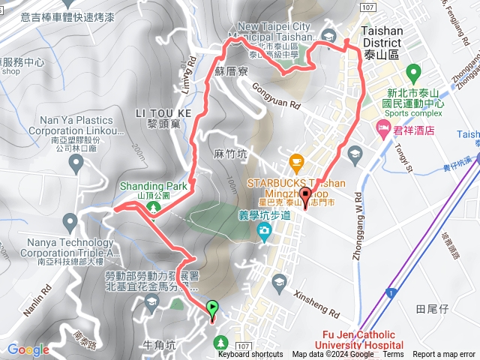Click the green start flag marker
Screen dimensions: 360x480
click(x=213, y=307)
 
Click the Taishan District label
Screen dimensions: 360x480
click(x=382, y=38)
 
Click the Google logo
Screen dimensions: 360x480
click(x=28, y=349)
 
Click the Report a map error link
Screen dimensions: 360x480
click(x=445, y=355)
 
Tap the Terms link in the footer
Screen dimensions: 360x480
click(x=393, y=355)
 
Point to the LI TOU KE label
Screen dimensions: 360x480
click(x=159, y=112)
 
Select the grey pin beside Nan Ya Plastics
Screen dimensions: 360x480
click(x=75, y=163)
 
